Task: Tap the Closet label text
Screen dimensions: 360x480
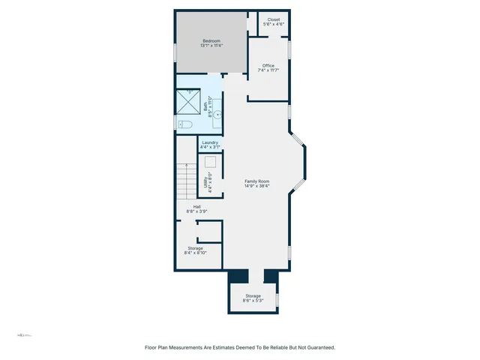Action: point(272,20)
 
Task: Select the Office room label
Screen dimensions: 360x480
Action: point(268,65)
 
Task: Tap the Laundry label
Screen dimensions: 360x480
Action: point(209,142)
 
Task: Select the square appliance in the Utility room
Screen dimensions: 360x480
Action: point(212,162)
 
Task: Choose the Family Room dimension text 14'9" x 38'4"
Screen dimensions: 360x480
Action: point(257,184)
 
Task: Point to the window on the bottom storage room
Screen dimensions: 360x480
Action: point(277,300)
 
